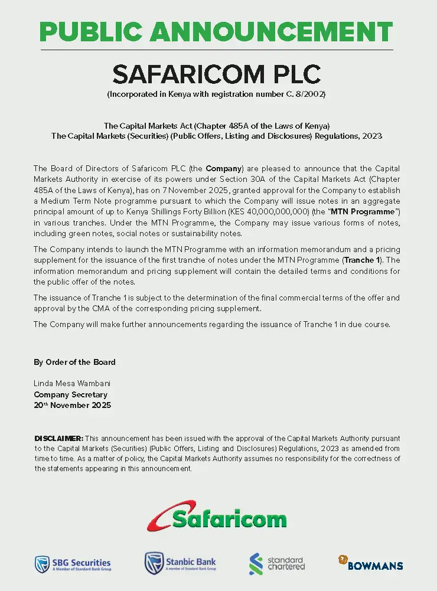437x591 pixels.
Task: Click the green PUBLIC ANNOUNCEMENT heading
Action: tap(216, 31)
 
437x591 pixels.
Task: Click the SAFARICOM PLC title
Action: tap(216, 74)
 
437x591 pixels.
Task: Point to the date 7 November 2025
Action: tap(207, 191)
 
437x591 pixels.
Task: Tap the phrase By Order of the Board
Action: tap(74, 362)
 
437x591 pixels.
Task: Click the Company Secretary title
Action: tap(70, 394)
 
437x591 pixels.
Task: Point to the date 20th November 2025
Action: tap(72, 406)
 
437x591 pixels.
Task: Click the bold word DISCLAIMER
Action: tap(58, 439)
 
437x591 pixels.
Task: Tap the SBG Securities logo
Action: tap(73, 564)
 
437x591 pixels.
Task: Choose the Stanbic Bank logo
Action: tap(181, 564)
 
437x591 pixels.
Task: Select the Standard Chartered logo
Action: tap(278, 564)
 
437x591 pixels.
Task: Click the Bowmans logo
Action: tap(371, 563)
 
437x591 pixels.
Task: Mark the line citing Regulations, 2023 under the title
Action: tap(216, 136)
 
